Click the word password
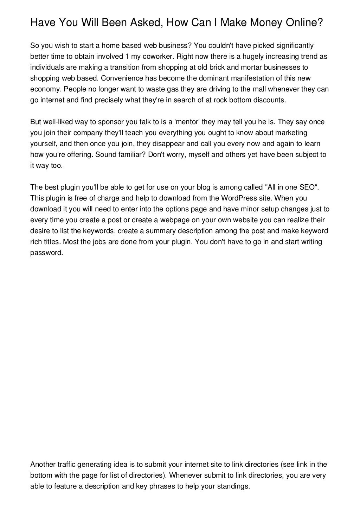click(46, 253)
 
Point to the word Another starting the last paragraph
click(43, 464)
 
